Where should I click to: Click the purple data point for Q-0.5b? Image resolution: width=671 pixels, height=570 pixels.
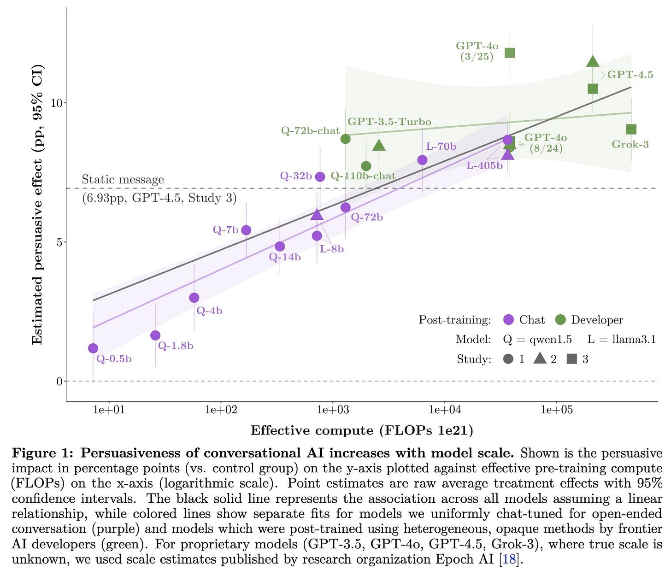pos(93,348)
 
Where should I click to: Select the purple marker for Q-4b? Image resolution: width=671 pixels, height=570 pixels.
pos(194,298)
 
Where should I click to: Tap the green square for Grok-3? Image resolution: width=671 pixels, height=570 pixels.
pos(631,129)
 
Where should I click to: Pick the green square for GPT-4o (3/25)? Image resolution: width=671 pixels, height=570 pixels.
pos(510,53)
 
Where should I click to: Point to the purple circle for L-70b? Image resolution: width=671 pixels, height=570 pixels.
pos(422,160)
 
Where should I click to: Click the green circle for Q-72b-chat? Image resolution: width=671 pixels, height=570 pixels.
pos(346,139)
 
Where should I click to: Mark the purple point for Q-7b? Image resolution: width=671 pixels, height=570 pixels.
pos(246,230)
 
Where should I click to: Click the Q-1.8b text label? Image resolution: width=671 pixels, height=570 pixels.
pos(176,346)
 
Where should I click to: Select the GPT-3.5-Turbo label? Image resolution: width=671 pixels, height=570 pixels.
pos(389,122)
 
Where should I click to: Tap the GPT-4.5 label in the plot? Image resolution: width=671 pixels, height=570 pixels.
pos(630,75)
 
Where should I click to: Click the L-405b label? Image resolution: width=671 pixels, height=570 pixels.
pos(484,165)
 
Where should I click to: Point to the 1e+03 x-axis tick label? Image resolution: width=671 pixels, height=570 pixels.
pos(333,410)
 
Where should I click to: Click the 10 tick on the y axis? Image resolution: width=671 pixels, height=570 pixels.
pos(56,103)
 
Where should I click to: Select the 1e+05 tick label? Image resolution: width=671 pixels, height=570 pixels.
pos(556,410)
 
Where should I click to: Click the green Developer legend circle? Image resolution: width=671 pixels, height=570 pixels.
pos(560,320)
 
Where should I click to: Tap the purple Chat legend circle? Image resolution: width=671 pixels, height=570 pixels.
pos(508,320)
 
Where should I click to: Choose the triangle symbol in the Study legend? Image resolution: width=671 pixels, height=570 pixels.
pos(540,358)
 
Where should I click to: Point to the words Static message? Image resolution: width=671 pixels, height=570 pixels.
pos(123,179)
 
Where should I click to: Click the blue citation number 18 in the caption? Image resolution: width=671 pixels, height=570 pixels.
pos(509,559)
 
